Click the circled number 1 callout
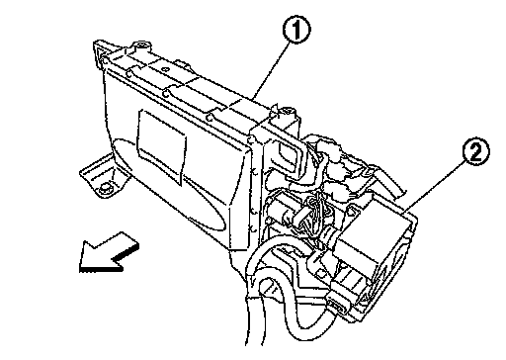click(x=296, y=30)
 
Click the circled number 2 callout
click(x=476, y=152)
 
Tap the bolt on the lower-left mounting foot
click(x=105, y=189)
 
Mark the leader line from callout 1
click(x=271, y=70)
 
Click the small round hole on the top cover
click(x=166, y=69)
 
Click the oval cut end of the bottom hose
click(x=268, y=287)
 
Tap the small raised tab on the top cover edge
click(x=182, y=63)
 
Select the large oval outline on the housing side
click(x=169, y=185)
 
